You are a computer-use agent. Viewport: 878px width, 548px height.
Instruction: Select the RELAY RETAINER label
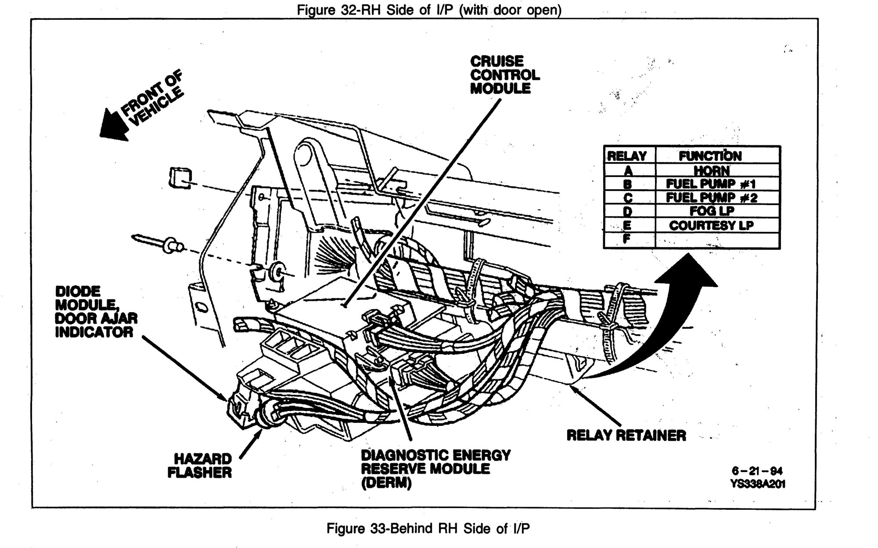[626, 436]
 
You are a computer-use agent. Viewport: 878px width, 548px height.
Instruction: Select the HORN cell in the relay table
[711, 170]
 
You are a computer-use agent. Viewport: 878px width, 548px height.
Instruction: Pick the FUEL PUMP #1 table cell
[711, 184]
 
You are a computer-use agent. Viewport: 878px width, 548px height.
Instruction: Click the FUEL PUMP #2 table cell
[711, 198]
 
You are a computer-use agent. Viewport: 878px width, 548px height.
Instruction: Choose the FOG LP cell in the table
[711, 211]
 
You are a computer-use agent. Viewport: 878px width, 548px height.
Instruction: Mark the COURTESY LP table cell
[711, 225]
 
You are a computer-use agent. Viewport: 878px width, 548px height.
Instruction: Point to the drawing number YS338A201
[757, 483]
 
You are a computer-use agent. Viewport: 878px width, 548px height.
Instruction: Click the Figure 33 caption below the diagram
[428, 528]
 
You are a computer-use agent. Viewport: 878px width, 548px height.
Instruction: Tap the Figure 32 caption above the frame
[429, 10]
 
